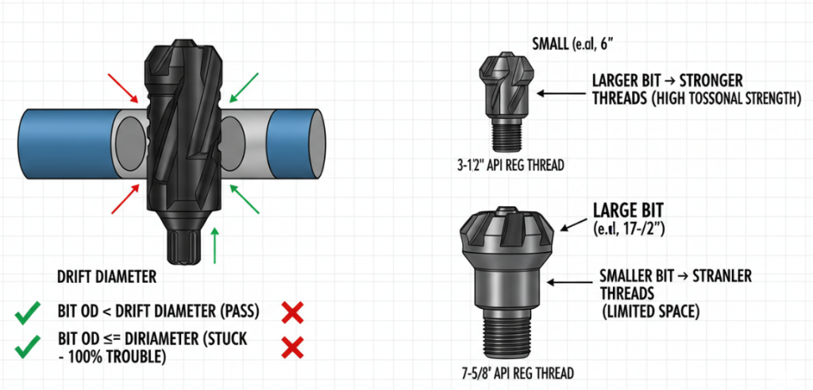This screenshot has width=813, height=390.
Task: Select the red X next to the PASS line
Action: point(293,313)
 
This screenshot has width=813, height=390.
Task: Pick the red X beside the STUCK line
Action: point(293,347)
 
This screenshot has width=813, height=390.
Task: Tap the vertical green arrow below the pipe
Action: point(216,247)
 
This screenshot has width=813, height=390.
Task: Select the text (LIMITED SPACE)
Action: point(650,312)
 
